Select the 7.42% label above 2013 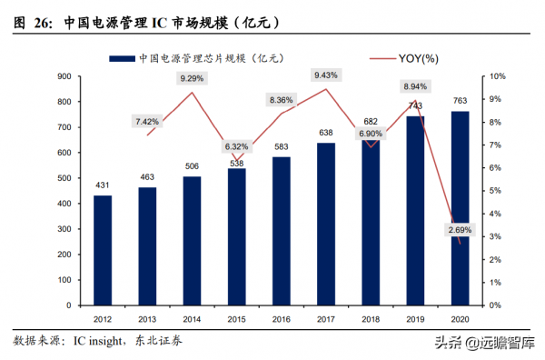pyautogui.click(x=147, y=121)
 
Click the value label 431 pyautogui.click(x=103, y=185)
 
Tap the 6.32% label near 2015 pyautogui.click(x=237, y=145)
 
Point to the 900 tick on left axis pyautogui.click(x=65, y=77)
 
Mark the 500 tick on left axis pyautogui.click(x=65, y=178)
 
